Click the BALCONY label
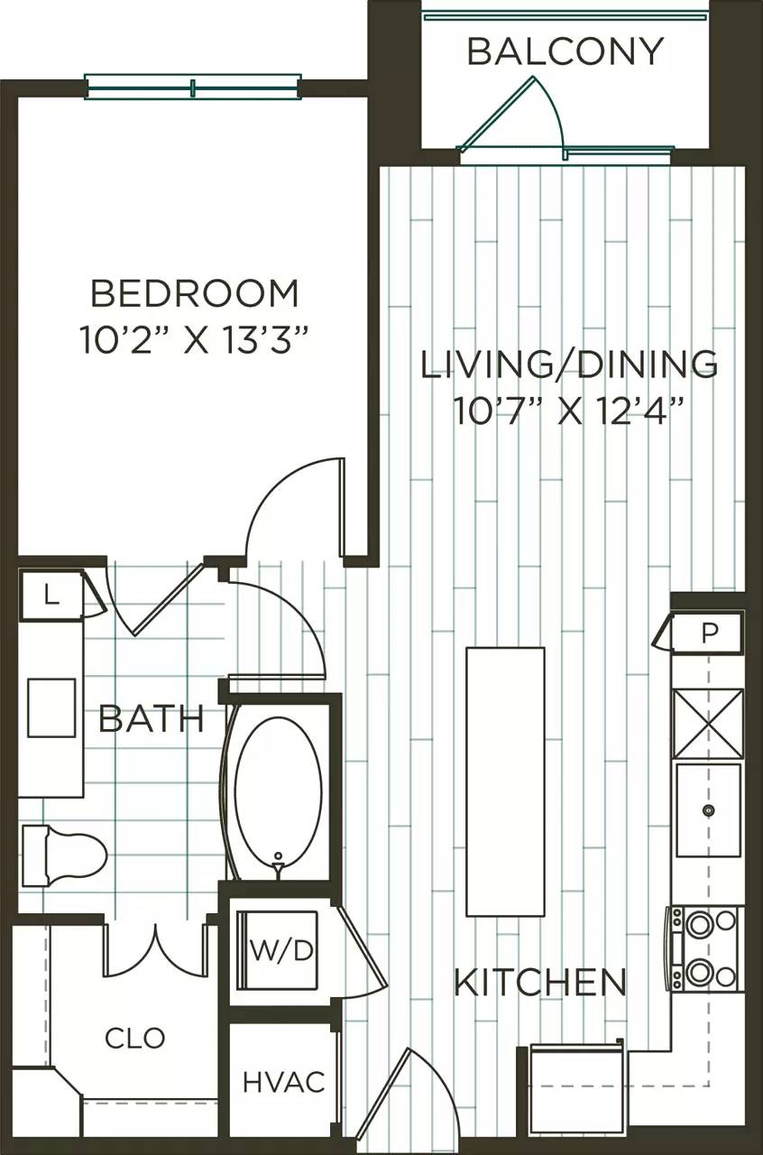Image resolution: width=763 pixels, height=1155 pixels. tap(565, 51)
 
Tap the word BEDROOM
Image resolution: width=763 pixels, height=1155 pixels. tap(195, 294)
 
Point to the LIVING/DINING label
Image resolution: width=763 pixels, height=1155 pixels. tap(570, 365)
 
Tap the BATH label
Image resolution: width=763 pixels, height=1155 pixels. tap(151, 719)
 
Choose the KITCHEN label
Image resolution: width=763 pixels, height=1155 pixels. tap(539, 982)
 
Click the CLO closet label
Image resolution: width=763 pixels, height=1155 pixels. tap(135, 1038)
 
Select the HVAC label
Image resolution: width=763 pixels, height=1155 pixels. tap(283, 1082)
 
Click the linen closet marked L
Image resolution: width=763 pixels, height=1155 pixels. tap(51, 596)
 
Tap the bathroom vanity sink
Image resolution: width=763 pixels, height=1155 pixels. tap(51, 708)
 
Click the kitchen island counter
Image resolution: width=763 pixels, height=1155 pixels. tap(505, 781)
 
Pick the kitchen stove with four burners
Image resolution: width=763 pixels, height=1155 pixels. tap(705, 948)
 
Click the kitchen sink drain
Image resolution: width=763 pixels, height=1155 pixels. tap(709, 810)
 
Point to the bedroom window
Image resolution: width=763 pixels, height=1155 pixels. tap(193, 88)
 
